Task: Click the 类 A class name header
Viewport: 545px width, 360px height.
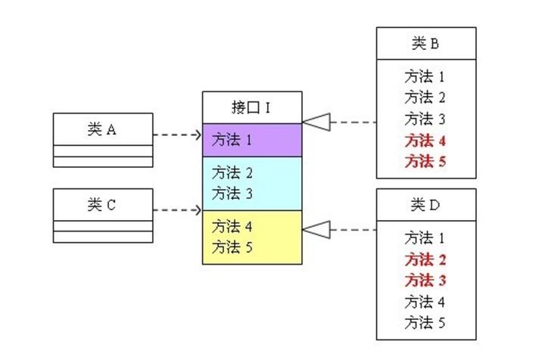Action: pyautogui.click(x=102, y=129)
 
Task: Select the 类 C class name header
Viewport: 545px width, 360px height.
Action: pyautogui.click(x=102, y=204)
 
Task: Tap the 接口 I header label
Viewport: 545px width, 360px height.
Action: pyautogui.click(x=251, y=107)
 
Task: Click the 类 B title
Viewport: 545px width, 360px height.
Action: pyautogui.click(x=426, y=43)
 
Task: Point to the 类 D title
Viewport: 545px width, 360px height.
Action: pyautogui.click(x=426, y=204)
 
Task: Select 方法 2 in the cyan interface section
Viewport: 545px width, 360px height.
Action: pyautogui.click(x=232, y=172)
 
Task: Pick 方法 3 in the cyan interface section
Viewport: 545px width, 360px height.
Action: pyautogui.click(x=232, y=193)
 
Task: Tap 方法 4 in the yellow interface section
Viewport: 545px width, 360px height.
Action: pyautogui.click(x=232, y=226)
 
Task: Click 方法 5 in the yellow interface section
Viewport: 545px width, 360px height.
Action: pyautogui.click(x=232, y=247)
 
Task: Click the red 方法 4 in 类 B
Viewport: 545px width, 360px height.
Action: pyautogui.click(x=425, y=140)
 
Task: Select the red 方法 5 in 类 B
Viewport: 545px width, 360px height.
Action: pyautogui.click(x=425, y=161)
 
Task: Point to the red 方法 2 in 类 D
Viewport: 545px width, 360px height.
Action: pyautogui.click(x=425, y=259)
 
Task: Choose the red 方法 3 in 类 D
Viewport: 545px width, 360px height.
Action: pyautogui.click(x=425, y=281)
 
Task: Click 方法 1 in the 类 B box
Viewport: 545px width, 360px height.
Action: pyautogui.click(x=425, y=76)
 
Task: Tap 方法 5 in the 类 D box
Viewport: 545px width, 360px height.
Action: pyautogui.click(x=425, y=324)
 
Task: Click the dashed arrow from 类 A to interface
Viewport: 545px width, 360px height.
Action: pyautogui.click(x=177, y=135)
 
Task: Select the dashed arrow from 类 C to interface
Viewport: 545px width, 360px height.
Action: pyautogui.click(x=177, y=209)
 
